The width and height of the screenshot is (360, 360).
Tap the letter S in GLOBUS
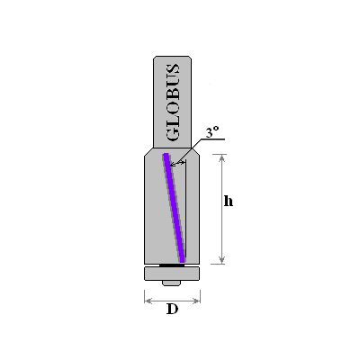tap(173, 69)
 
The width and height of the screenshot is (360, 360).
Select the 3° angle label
tap(211, 132)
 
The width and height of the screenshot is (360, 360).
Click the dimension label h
tap(229, 201)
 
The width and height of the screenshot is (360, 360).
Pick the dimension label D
tap(172, 309)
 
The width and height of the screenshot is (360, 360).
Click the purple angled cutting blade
tap(174, 208)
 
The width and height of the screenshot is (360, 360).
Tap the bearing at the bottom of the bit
tap(172, 274)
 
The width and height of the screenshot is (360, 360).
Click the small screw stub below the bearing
tap(171, 283)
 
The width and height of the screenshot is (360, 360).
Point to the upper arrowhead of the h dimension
tap(221, 157)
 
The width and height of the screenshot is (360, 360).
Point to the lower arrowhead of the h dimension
tap(221, 260)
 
